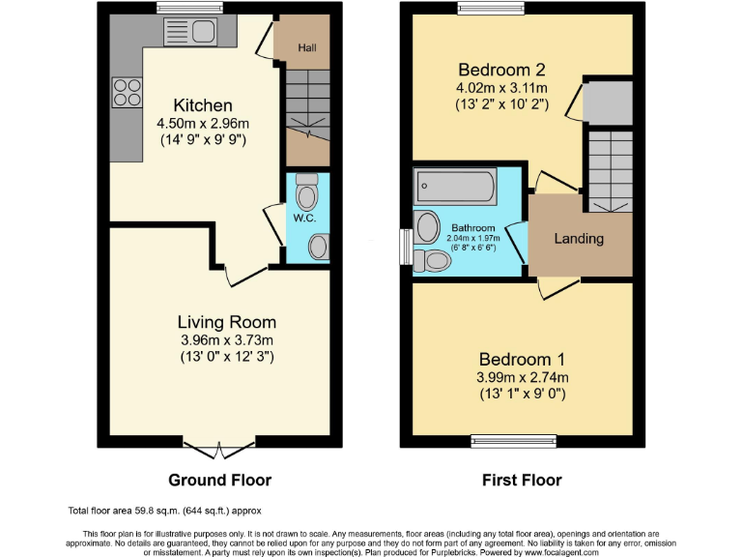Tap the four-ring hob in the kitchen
(126, 92)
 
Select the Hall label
(306, 46)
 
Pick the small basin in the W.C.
(317, 248)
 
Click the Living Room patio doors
(220, 448)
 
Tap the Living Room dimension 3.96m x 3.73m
(226, 340)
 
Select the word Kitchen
(203, 105)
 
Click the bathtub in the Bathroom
(455, 185)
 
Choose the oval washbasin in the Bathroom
(426, 227)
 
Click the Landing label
(579, 238)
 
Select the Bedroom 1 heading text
(523, 358)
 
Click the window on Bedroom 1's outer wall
(507, 440)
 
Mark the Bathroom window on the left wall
(407, 244)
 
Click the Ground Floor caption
(219, 480)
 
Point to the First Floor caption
(522, 480)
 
